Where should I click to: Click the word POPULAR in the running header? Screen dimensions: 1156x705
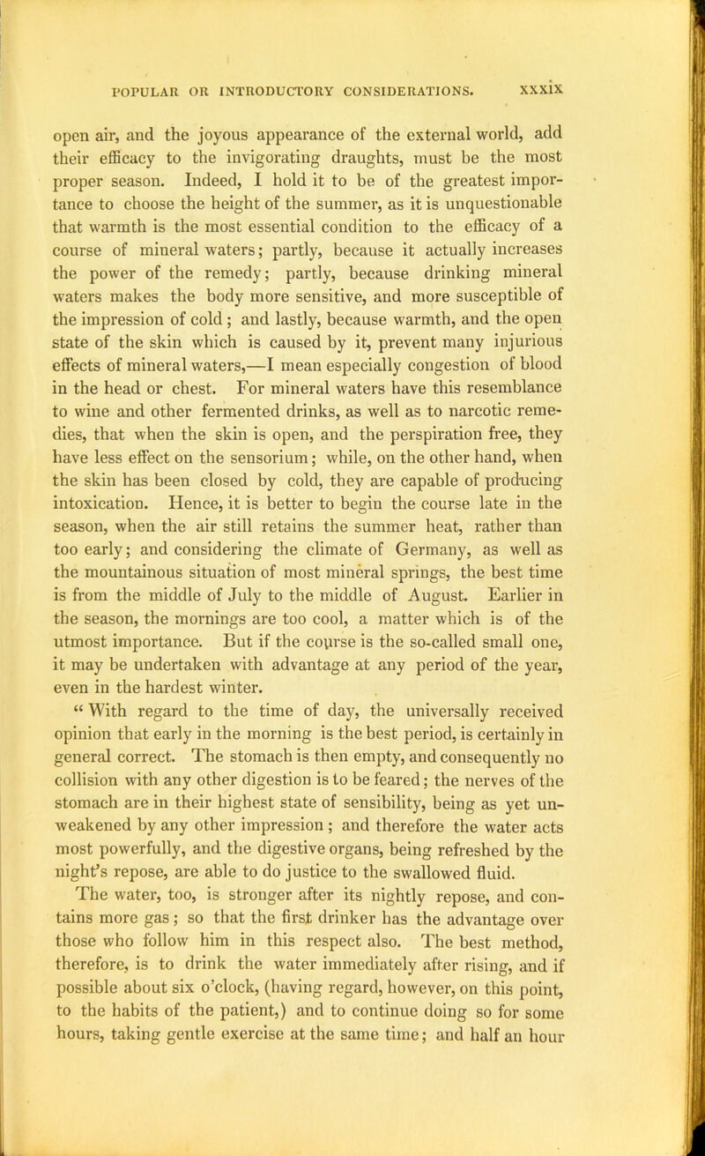click(x=156, y=88)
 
